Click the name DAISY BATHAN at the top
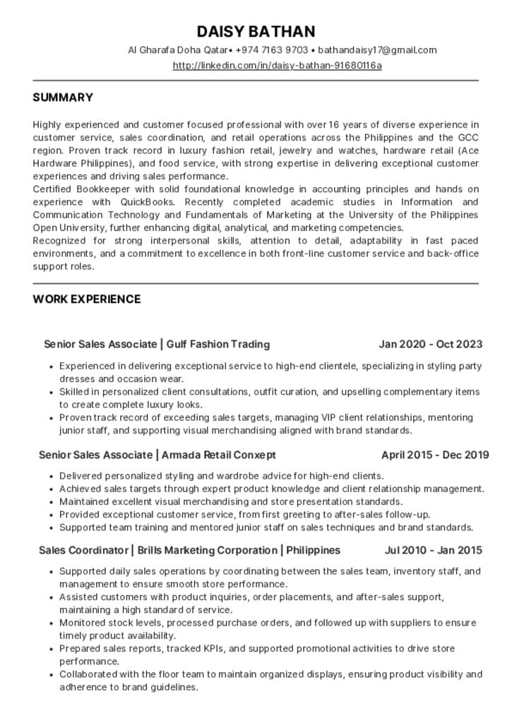click(256, 31)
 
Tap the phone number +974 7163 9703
click(272, 50)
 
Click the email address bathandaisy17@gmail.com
click(377, 50)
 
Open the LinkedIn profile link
click(277, 66)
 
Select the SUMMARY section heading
click(63, 97)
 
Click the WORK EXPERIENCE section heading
click(86, 299)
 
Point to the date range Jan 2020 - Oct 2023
click(430, 345)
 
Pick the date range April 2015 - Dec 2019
click(435, 455)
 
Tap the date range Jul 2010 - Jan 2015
click(433, 550)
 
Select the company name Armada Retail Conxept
click(218, 455)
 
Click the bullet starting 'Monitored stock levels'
click(268, 623)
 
